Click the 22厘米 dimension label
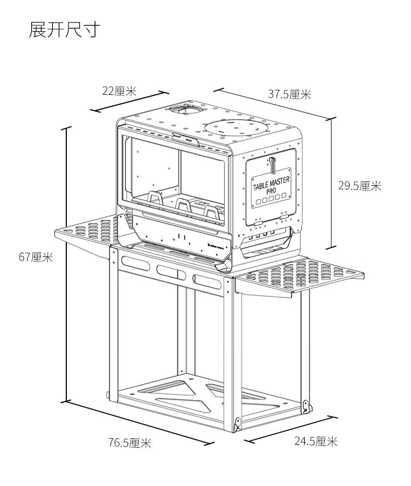pyautogui.click(x=119, y=91)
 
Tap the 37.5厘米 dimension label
pyautogui.click(x=289, y=94)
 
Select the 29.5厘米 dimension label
pyautogui.click(x=359, y=186)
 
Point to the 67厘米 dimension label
pyautogui.click(x=36, y=258)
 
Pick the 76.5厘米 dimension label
pyautogui.click(x=129, y=443)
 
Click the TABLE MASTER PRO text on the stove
pyautogui.click(x=271, y=185)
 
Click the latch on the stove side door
pyautogui.click(x=271, y=164)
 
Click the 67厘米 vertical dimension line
pyautogui.click(x=66, y=263)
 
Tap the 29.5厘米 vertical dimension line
pyautogui.click(x=331, y=184)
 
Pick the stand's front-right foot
pyautogui.click(x=238, y=424)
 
